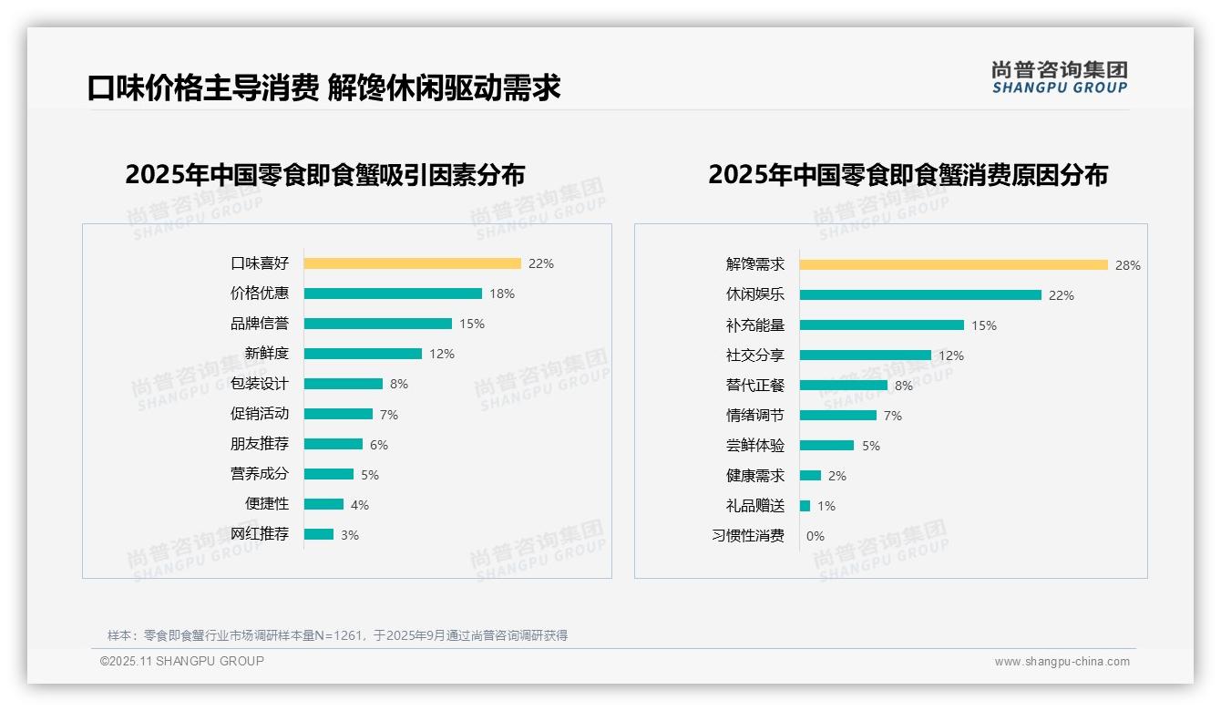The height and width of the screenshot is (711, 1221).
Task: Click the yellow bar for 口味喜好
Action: [x=412, y=263]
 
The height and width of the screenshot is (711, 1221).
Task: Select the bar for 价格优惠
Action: [x=393, y=294]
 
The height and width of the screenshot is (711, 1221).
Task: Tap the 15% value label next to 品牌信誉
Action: [x=472, y=324]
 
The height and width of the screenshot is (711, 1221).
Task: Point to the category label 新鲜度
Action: [x=266, y=354]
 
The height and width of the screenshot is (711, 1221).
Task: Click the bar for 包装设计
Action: [x=344, y=384]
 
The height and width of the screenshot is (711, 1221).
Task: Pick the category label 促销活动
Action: [x=260, y=414]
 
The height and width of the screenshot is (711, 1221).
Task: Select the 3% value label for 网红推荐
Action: [x=350, y=535]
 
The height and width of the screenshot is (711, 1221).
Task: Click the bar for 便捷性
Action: [x=323, y=504]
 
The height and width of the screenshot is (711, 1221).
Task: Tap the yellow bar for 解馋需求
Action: [x=953, y=265]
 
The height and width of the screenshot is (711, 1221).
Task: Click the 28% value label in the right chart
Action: [x=1127, y=265]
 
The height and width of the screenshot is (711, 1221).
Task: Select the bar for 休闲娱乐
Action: [x=920, y=295]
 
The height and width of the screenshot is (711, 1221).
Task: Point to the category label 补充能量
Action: [x=754, y=325]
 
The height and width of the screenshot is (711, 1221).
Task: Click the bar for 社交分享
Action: [x=866, y=355]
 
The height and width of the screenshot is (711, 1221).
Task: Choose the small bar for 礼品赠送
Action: [x=805, y=506]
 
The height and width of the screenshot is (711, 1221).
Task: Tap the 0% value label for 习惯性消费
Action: [x=815, y=536]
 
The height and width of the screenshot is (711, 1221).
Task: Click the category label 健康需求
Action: [x=754, y=476]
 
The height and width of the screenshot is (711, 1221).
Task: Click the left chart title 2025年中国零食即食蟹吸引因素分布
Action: [x=324, y=175]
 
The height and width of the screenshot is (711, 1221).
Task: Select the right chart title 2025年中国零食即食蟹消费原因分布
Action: [x=908, y=175]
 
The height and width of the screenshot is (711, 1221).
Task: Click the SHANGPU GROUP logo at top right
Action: [x=1059, y=77]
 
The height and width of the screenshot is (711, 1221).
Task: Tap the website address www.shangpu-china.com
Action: [x=1062, y=662]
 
